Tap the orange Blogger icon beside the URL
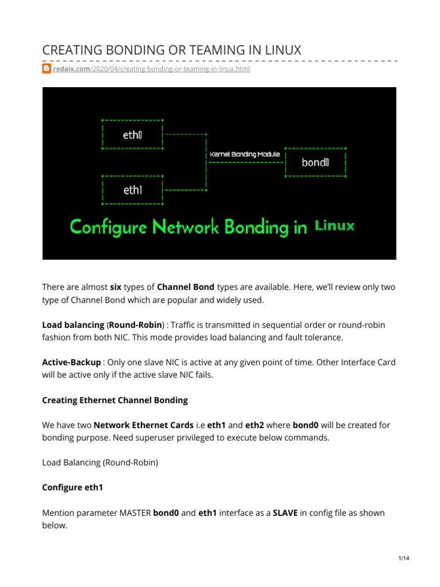[x=48, y=69]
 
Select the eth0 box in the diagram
[x=132, y=135]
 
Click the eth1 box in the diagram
[x=132, y=189]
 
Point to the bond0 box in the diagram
[x=315, y=162]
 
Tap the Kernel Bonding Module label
[x=245, y=154]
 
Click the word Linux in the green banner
[x=335, y=226]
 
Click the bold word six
[x=116, y=287]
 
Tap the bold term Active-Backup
[x=72, y=362]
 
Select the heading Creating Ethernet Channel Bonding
[x=115, y=400]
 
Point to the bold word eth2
[x=254, y=425]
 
